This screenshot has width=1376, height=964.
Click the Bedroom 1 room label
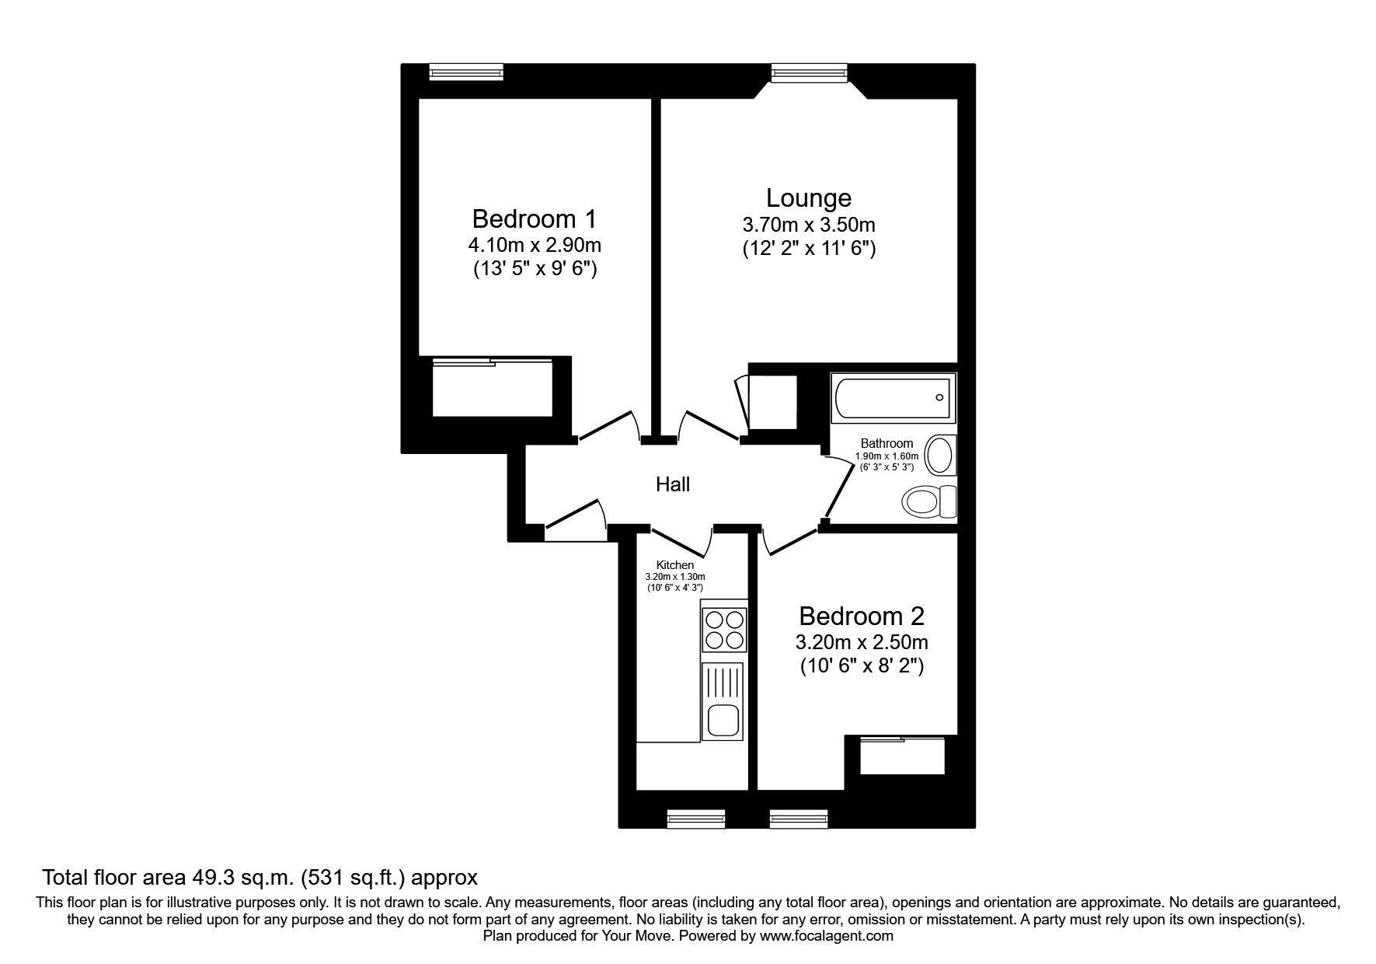pos(535,217)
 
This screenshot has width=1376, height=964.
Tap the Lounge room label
pos(809,198)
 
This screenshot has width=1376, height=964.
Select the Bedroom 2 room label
pos(862,616)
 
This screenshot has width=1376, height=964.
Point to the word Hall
pos(673,484)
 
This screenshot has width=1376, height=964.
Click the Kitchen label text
pos(675,565)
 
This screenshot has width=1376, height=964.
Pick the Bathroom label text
pos(887,443)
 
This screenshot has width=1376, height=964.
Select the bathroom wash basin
pos(942,455)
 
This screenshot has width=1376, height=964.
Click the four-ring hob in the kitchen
pos(724,630)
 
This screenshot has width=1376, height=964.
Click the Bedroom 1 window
pos(467,72)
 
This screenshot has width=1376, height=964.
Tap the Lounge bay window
pos(809,72)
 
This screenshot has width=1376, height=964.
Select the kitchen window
pos(696,819)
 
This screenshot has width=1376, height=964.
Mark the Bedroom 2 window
pos(799,819)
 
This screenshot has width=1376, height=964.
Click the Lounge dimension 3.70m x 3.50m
pos(809,225)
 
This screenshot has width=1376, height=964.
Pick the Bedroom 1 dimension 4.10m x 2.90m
pos(535,246)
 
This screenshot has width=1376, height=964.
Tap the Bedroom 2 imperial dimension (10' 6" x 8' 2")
pos(862,666)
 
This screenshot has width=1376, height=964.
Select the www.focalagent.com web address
pos(827,936)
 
